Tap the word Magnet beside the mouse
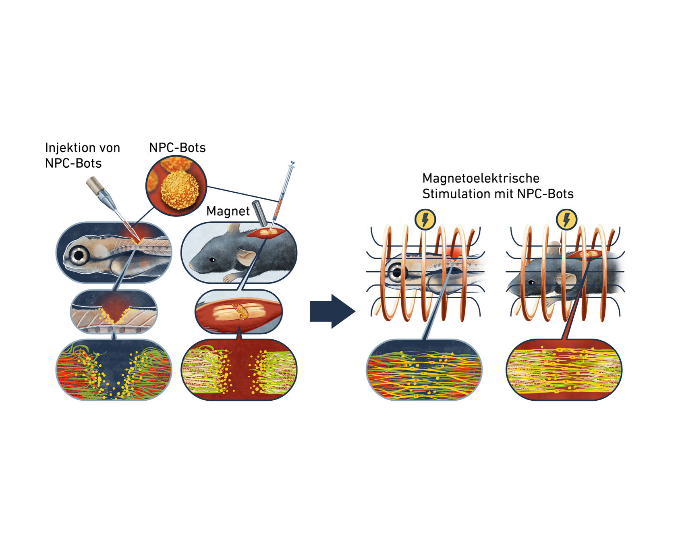pos(228,211)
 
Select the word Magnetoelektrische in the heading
pos(481,178)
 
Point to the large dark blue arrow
pos(332,311)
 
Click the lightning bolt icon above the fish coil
pos(425,220)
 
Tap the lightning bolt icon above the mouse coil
pos(566,220)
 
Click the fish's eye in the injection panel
pos(79,255)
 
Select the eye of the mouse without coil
pos(212,260)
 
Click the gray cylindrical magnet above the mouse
pos(260,213)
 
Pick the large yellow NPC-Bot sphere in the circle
pos(180,190)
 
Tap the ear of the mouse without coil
pos(245,256)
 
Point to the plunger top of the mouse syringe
pos(292,164)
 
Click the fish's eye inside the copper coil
pos(397,272)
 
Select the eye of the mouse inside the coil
pos(532,282)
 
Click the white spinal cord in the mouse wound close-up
pos(238,311)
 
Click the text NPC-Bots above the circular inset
pos(177,148)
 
